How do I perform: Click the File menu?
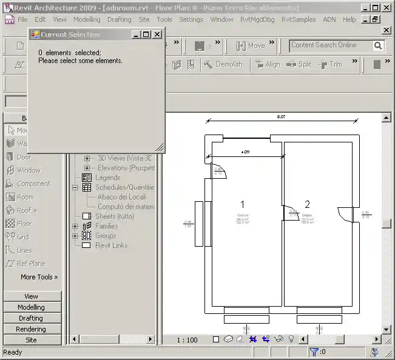22,19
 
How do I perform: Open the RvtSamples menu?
299,19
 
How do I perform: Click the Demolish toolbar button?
223,64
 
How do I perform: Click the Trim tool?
330,64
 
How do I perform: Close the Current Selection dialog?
157,35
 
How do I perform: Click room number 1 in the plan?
243,204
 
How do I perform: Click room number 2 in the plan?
307,204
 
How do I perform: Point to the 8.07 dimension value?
281,116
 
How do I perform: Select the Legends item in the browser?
107,178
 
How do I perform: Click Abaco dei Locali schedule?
121,197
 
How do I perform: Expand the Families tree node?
75,226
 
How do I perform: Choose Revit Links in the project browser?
111,245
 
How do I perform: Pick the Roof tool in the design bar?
25,210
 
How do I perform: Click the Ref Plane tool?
30,264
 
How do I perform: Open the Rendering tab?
31,329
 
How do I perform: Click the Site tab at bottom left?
31,340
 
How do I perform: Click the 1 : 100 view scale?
187,340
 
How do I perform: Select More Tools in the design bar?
39,277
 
